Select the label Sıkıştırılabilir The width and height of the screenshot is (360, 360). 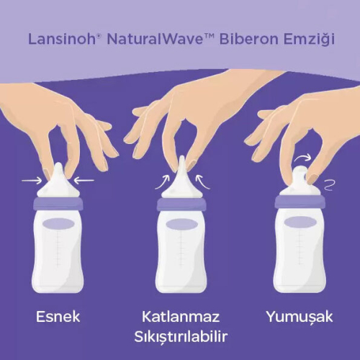[180, 338]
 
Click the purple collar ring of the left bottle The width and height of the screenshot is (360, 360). [60, 204]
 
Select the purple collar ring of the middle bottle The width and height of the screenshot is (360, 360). [180, 204]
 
